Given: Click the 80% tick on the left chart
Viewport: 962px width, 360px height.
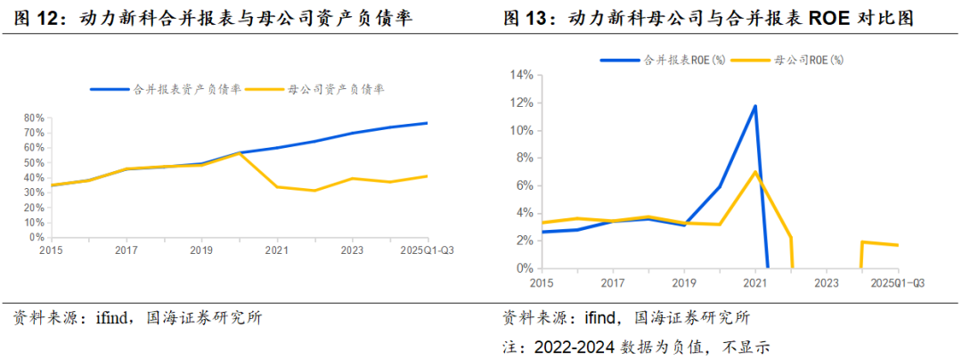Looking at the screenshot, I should pos(34,118).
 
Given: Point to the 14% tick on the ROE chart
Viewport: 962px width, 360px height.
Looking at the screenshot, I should pos(520,75).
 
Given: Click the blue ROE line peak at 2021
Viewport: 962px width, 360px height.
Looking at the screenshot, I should pos(755,106).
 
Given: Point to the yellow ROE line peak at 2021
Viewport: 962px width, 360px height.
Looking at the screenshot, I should pos(755,172).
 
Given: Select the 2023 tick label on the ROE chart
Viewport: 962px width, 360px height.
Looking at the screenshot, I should pos(827,282).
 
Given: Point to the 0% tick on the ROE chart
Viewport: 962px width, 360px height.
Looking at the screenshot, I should pos(523,268).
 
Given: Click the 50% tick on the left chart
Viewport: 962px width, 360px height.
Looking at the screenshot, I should pos(34,163).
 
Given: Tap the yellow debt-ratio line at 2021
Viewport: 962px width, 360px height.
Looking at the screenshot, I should pos(277,186).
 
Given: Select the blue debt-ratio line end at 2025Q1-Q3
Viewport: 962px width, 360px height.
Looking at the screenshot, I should pos(427,123).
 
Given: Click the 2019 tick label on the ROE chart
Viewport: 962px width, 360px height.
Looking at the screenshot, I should pos(683,282).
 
